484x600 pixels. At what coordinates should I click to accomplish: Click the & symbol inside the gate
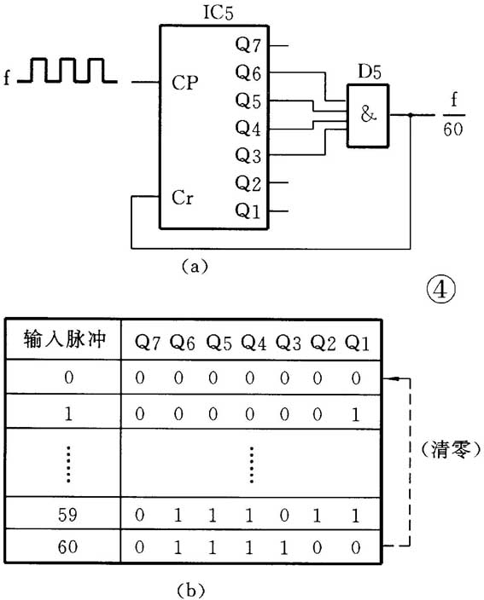coord(368,115)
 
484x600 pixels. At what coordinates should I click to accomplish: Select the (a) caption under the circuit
coord(193,266)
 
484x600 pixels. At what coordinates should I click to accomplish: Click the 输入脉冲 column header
coord(64,341)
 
